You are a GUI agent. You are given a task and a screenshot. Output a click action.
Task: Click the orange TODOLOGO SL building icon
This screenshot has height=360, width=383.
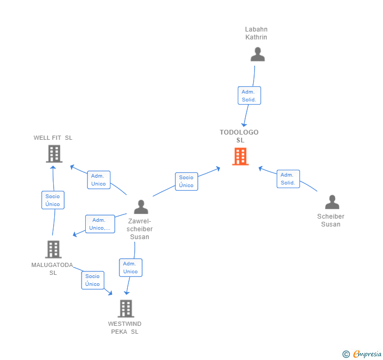[x=240, y=157]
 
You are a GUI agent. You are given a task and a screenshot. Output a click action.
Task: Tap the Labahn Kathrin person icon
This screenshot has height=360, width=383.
[x=257, y=55]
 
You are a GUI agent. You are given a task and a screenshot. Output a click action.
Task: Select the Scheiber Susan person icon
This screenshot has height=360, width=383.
[x=332, y=202]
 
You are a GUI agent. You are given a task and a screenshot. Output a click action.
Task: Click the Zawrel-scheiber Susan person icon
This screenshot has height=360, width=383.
[x=140, y=207]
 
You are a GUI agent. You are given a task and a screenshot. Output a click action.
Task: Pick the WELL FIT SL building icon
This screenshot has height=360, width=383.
[x=54, y=154]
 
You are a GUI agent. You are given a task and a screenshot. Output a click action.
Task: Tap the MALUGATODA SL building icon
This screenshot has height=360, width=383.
[x=53, y=249]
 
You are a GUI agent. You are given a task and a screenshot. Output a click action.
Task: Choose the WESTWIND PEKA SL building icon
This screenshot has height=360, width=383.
[x=126, y=308]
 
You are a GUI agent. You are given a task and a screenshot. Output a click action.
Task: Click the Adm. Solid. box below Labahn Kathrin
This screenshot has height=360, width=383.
[x=248, y=96]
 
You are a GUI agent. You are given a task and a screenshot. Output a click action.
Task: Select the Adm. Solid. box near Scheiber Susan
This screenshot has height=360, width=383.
[x=288, y=179]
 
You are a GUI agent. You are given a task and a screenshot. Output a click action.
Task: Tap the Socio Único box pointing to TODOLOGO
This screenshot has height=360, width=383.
[x=186, y=181]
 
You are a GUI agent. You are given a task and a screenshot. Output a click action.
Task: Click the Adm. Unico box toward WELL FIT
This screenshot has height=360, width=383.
[x=98, y=180]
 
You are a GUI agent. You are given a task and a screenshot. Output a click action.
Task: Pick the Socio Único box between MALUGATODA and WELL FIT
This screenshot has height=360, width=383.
[x=53, y=200]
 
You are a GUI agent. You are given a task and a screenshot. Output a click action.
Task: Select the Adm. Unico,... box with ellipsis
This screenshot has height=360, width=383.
[x=100, y=224]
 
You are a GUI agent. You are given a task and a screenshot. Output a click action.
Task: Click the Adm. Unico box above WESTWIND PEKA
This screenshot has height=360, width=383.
[x=130, y=268]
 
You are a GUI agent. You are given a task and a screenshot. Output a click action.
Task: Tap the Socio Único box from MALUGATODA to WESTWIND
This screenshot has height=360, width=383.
[x=93, y=280]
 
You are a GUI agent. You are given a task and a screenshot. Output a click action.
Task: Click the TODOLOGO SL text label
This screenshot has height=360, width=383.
[x=239, y=136]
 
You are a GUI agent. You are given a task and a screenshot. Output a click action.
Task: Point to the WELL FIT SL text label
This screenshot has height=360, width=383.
[x=53, y=138]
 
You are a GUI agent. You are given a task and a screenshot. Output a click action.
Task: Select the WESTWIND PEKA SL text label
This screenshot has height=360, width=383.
[x=125, y=327]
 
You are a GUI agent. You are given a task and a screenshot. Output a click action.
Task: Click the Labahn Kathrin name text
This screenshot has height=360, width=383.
[x=256, y=33]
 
